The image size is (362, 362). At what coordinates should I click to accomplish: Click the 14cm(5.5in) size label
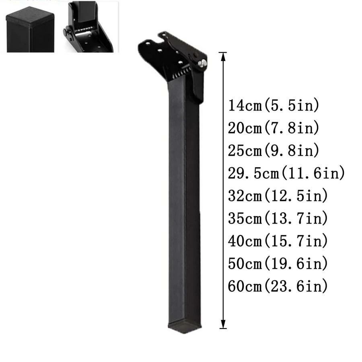click(x=274, y=105)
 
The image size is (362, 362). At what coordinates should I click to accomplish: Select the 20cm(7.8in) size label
click(x=274, y=128)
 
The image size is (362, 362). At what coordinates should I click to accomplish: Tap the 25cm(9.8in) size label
click(x=274, y=150)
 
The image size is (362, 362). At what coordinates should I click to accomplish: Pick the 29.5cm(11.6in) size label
click(x=286, y=173)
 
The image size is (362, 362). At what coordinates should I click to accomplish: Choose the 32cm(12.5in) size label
click(x=278, y=196)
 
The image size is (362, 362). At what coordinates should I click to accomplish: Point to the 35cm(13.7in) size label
click(x=278, y=218)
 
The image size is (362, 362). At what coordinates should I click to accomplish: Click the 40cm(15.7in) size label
click(x=278, y=241)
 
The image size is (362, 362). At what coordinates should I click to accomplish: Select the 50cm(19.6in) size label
click(x=278, y=263)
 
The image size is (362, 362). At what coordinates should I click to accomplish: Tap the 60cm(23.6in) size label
click(x=278, y=286)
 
